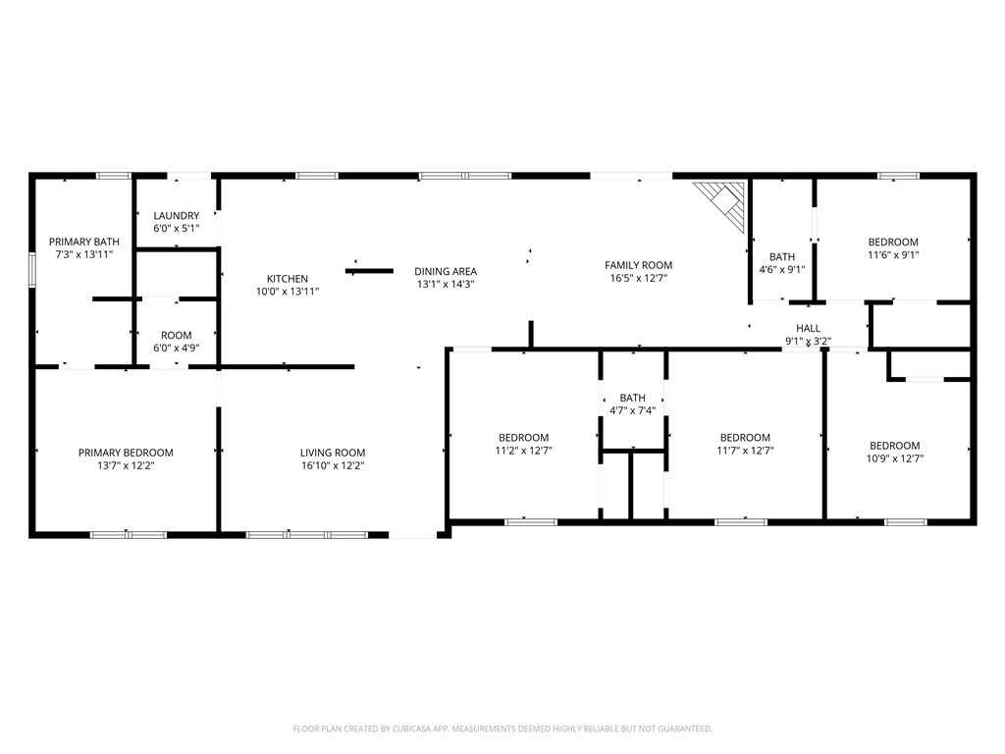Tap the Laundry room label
click(x=176, y=216)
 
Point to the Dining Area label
click(x=445, y=272)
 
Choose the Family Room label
click(x=638, y=265)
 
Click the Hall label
click(x=808, y=329)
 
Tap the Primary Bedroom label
click(x=126, y=453)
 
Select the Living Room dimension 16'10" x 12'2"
click(x=333, y=465)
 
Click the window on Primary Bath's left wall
click(x=32, y=270)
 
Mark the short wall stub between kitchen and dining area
click(x=369, y=271)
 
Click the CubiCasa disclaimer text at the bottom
click(x=502, y=728)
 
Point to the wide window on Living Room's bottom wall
click(x=306, y=535)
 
